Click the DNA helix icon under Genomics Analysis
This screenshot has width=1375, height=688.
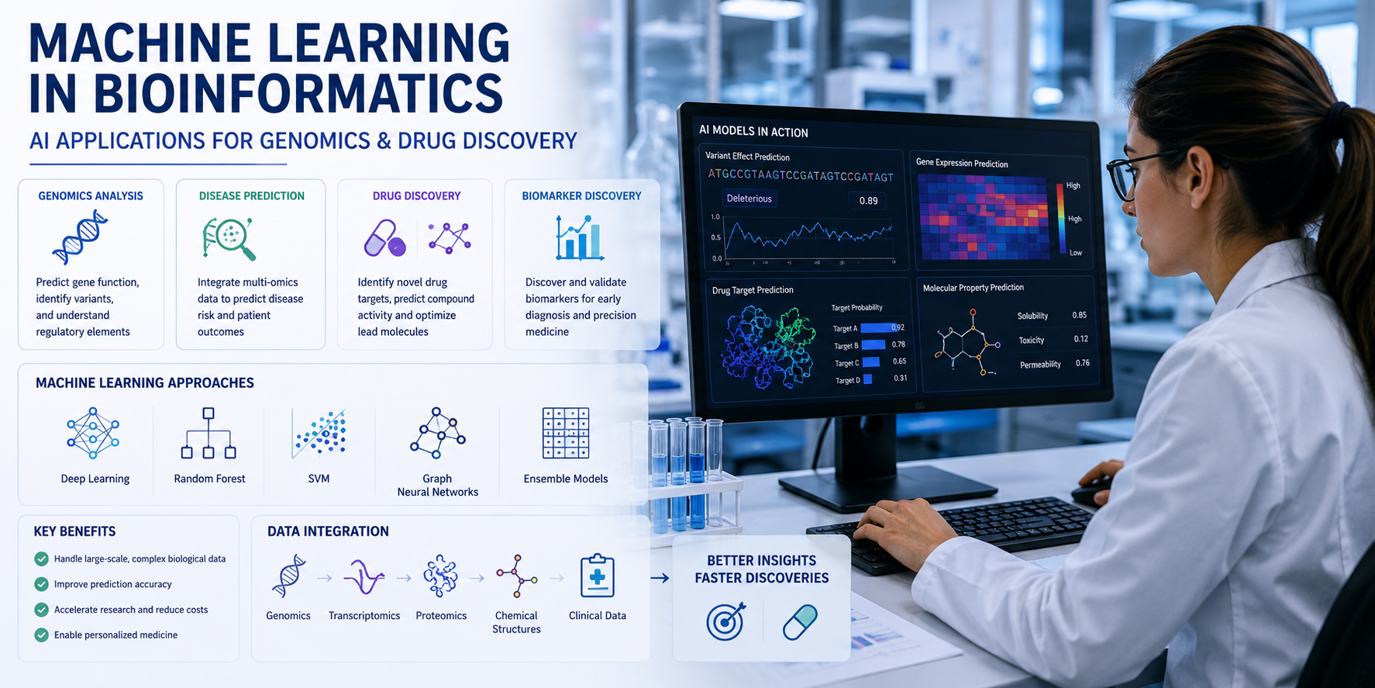coord(80,237)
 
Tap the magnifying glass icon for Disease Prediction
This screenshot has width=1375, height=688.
coord(229,238)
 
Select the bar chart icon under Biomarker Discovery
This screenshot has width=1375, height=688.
coord(579,237)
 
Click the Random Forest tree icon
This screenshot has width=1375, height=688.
coord(208,433)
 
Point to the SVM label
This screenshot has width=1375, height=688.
coord(319,479)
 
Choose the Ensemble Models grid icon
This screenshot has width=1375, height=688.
coord(566,433)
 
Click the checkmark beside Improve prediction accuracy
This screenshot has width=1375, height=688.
coord(42,584)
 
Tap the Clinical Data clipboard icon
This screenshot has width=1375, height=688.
coord(598,576)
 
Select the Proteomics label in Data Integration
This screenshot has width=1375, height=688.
coord(441,616)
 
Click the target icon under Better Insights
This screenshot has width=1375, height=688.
coord(726,621)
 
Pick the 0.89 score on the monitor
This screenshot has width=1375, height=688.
coord(868,201)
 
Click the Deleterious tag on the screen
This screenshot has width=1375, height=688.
coord(749,199)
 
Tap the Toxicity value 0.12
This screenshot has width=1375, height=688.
coord(1081,339)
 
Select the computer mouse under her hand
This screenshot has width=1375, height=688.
coord(1093,492)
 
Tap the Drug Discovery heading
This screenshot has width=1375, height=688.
coord(416,196)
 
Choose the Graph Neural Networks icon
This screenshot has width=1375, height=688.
coord(438,433)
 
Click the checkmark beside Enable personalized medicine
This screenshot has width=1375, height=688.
coord(42,634)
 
